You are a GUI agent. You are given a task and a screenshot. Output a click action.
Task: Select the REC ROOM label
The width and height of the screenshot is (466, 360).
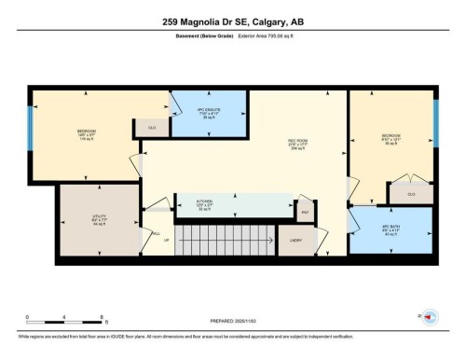(297, 143)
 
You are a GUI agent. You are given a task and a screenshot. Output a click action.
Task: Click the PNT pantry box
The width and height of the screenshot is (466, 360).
(304, 212)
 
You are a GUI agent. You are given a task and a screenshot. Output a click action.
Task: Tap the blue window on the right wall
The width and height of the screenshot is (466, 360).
(435, 119)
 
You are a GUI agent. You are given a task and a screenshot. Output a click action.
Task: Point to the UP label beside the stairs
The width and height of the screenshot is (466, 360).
(167, 241)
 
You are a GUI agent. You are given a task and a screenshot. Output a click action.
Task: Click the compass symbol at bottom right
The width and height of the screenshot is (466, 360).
(431, 317)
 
